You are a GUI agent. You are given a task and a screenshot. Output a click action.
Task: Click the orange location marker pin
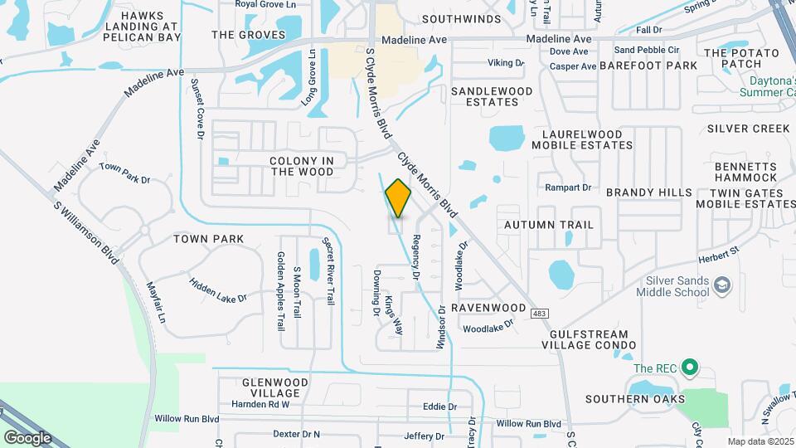point(398,198)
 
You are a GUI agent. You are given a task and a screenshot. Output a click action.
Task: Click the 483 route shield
point(541,312)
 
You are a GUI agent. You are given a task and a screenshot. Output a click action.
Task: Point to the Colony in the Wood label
point(301,166)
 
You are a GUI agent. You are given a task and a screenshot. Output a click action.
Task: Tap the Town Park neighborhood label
point(208,239)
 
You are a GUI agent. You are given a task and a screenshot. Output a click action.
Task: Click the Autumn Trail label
point(549,225)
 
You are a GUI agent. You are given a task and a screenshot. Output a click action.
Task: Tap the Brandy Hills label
point(648,192)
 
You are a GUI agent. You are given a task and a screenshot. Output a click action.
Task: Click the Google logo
point(27,437)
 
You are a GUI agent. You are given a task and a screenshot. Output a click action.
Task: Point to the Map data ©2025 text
point(760,441)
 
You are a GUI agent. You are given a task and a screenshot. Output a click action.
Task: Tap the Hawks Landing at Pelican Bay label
point(153,27)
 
